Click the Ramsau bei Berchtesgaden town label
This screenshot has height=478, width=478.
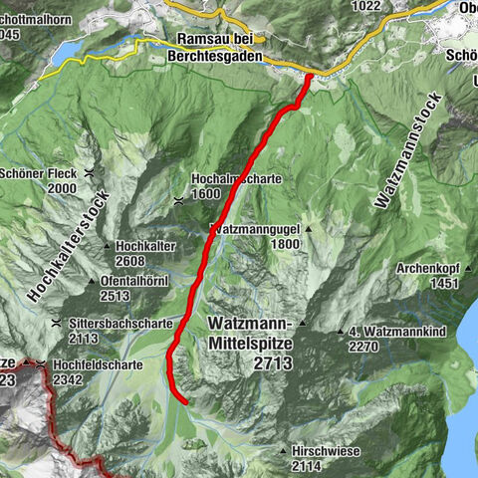pos(219,48)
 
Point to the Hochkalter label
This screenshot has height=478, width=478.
pos(145,245)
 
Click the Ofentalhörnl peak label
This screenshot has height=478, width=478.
pos(137,282)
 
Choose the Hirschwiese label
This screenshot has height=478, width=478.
pos(326,451)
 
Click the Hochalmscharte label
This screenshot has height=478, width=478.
pos(237,180)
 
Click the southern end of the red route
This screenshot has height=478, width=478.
pos(186,401)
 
